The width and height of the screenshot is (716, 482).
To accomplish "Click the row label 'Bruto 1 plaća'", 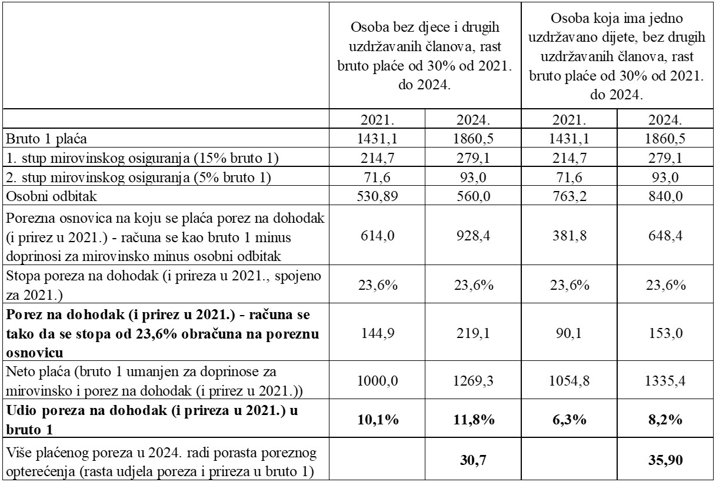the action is coord(46,139).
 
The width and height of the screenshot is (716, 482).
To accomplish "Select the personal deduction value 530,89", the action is coord(377,196).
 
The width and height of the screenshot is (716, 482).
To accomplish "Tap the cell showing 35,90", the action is coord(665,460).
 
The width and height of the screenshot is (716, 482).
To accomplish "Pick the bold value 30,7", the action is coord(474,460).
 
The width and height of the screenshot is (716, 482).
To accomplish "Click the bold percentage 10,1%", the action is coord(378,419).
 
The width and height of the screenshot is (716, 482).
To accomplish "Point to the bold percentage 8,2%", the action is coord(665,419).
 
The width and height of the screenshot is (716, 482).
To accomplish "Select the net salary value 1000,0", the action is coord(377,381).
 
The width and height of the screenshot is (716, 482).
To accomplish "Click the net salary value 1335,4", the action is coord(665,381).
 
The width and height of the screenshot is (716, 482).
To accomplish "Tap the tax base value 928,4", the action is coord(474,236).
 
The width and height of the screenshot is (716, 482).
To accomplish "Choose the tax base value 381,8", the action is coord(570,236).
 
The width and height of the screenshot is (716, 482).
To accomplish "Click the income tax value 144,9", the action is coord(377,333).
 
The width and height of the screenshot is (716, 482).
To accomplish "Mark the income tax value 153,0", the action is coord(665,333).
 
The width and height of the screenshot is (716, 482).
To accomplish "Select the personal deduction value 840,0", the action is coord(665,196).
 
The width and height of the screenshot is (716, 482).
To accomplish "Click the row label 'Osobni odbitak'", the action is coord(51,196).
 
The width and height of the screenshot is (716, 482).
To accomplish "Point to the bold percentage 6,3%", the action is coord(570,419).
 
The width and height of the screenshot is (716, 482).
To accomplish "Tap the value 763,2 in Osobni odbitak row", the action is coord(570,196).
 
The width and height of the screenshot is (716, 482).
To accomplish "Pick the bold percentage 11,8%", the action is coord(474,419).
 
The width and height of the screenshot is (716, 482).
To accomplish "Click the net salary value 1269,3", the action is coord(474,381).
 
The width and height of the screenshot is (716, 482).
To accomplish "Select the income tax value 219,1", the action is coord(474,333).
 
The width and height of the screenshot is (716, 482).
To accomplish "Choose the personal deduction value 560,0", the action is coord(474,196).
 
